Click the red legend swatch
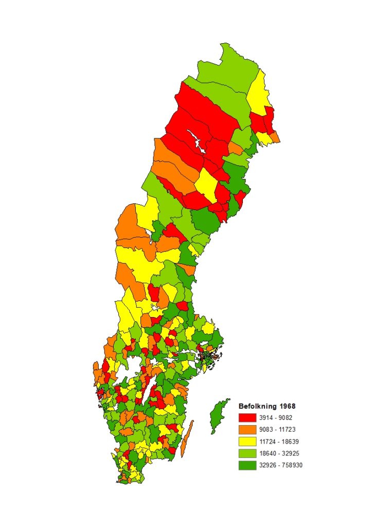tap(247, 417)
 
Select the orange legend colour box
tap(247, 429)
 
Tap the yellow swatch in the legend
tap(247, 441)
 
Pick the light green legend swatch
tap(247, 453)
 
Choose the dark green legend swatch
tap(247, 465)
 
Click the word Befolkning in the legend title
tap(257, 406)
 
